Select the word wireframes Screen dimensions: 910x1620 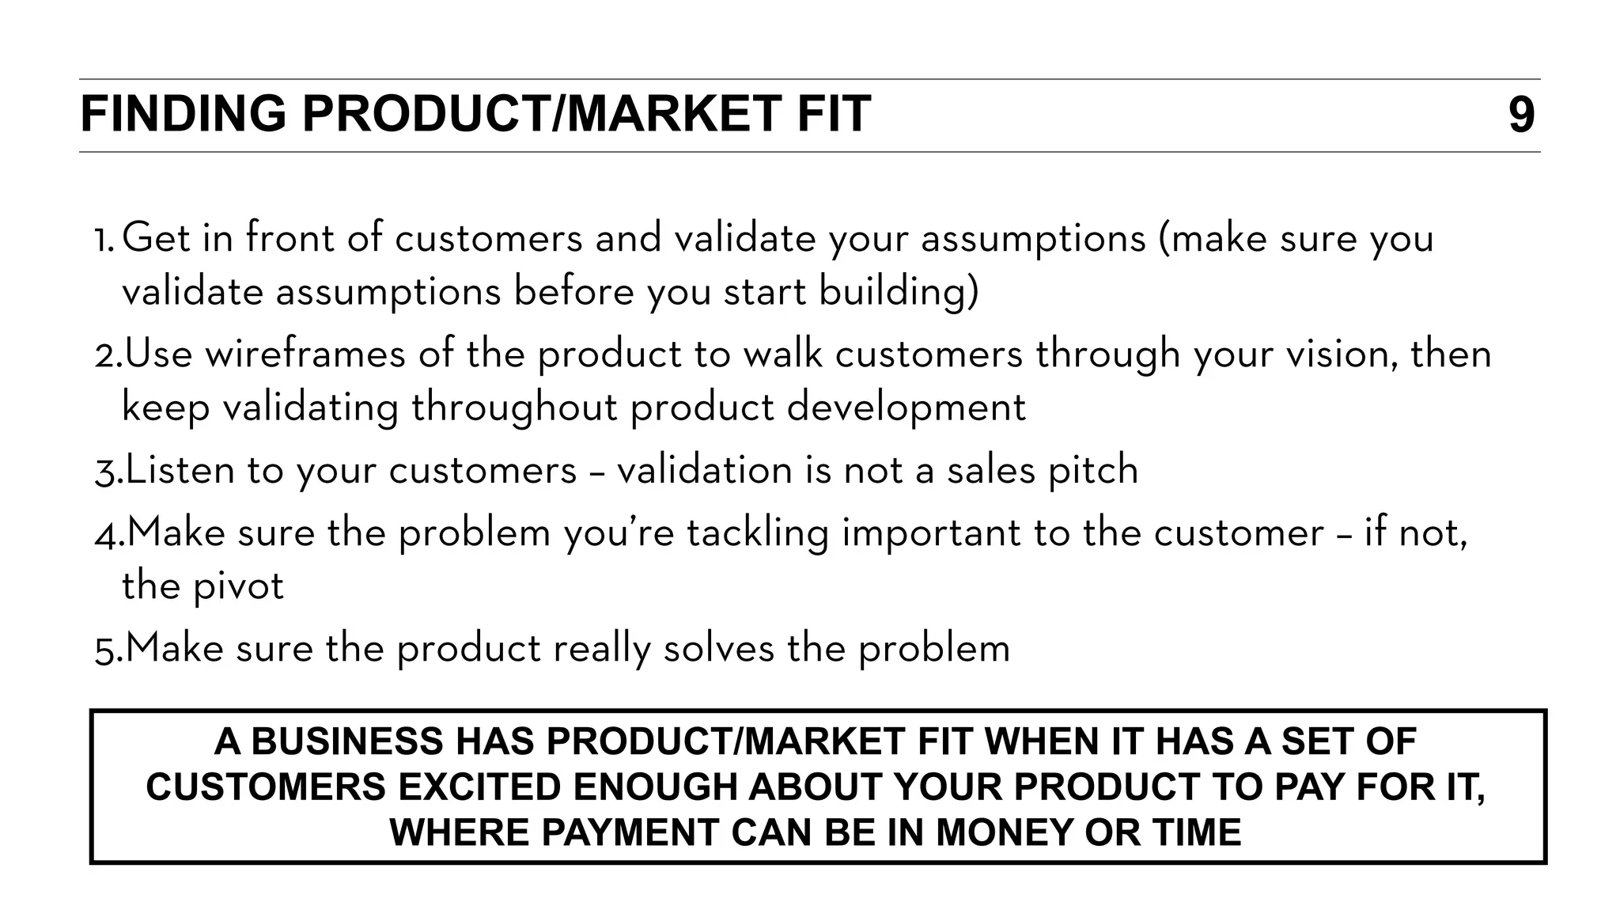click(305, 354)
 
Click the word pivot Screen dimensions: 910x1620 click(238, 586)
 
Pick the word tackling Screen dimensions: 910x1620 click(757, 533)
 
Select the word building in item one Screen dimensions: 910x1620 click(897, 292)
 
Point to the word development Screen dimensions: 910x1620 click(906, 408)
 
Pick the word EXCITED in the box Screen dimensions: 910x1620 click(482, 787)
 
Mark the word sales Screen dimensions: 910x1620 click(990, 470)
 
